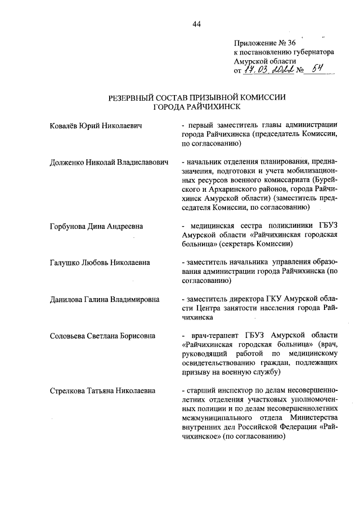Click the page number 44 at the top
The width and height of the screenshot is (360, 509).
[x=196, y=24]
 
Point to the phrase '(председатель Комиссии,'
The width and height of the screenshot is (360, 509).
[x=294, y=135]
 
